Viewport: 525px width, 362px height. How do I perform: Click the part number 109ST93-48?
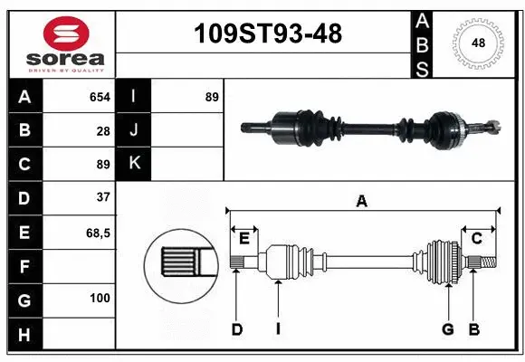(x=269, y=34)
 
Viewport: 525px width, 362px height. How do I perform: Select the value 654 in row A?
(x=100, y=97)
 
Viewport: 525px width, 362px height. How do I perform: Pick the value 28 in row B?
(x=103, y=131)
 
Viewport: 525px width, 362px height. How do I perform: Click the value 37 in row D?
(x=102, y=197)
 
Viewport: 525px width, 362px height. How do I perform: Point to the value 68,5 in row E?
(x=98, y=233)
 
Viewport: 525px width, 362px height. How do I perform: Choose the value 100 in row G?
(x=100, y=298)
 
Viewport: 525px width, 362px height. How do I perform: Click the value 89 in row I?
(x=211, y=97)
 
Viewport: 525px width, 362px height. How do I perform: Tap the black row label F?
(x=24, y=266)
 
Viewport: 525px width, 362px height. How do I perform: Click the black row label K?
(x=133, y=164)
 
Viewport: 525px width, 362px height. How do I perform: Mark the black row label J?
(x=133, y=130)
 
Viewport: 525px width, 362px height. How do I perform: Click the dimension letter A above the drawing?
(x=362, y=201)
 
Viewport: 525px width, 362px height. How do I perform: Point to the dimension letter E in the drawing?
(x=244, y=238)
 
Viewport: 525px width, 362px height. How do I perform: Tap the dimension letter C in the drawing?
(x=476, y=238)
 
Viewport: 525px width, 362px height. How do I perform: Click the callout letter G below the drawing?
(x=447, y=329)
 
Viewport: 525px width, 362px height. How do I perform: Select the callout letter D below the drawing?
(x=237, y=329)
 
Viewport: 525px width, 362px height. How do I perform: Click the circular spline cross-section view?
(x=181, y=263)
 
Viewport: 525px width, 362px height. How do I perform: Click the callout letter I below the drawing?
(x=278, y=329)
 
